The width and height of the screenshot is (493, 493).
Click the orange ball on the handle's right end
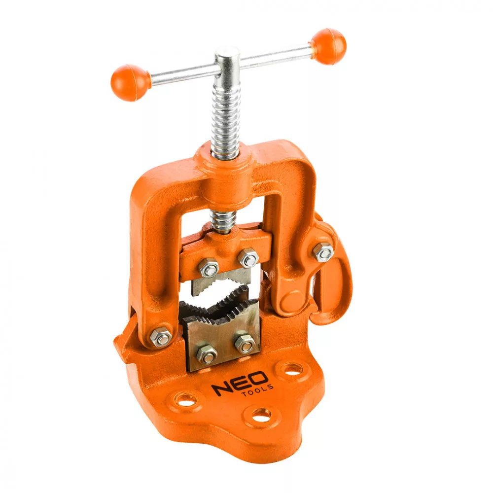click(x=328, y=46)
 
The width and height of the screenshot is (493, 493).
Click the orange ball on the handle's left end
click(x=130, y=83)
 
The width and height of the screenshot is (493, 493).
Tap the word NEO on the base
click(x=240, y=384)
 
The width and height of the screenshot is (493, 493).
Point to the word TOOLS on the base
click(x=258, y=391)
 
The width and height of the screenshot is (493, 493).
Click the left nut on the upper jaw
click(x=209, y=268)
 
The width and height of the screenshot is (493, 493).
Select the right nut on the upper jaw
click(x=248, y=258)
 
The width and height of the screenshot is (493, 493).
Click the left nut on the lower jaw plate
click(x=206, y=353)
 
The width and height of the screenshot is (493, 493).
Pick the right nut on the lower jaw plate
click(x=244, y=343)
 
